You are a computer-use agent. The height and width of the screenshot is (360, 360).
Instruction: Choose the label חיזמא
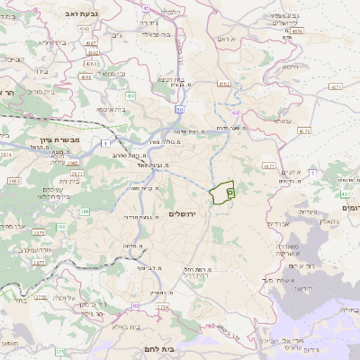(289, 67)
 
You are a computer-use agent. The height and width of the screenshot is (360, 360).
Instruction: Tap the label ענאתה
(283, 120)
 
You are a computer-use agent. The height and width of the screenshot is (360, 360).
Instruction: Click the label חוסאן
(9, 344)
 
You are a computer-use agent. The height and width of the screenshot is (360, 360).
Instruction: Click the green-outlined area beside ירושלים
(221, 193)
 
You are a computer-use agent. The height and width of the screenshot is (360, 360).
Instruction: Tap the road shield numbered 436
(132, 95)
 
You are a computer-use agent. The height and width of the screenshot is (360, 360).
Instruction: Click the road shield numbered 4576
(298, 31)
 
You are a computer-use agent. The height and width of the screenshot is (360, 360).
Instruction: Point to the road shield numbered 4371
(336, 87)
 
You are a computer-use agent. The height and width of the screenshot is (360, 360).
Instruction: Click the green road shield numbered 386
(85, 211)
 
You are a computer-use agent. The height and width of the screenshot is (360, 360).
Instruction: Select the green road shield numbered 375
(59, 352)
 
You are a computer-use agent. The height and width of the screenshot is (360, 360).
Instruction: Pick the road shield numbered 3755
(40, 296)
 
